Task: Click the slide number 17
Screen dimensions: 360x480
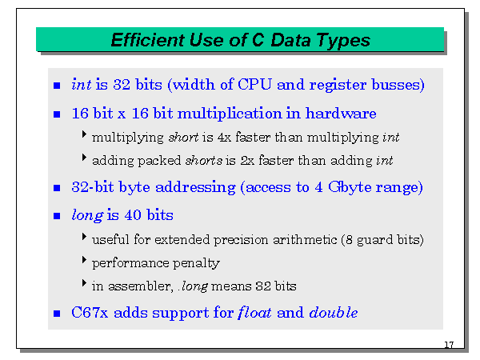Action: coord(448,345)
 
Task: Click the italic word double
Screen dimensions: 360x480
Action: coord(333,312)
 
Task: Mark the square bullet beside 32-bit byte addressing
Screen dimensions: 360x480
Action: coord(57,189)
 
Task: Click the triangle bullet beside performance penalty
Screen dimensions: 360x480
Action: coord(85,261)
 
